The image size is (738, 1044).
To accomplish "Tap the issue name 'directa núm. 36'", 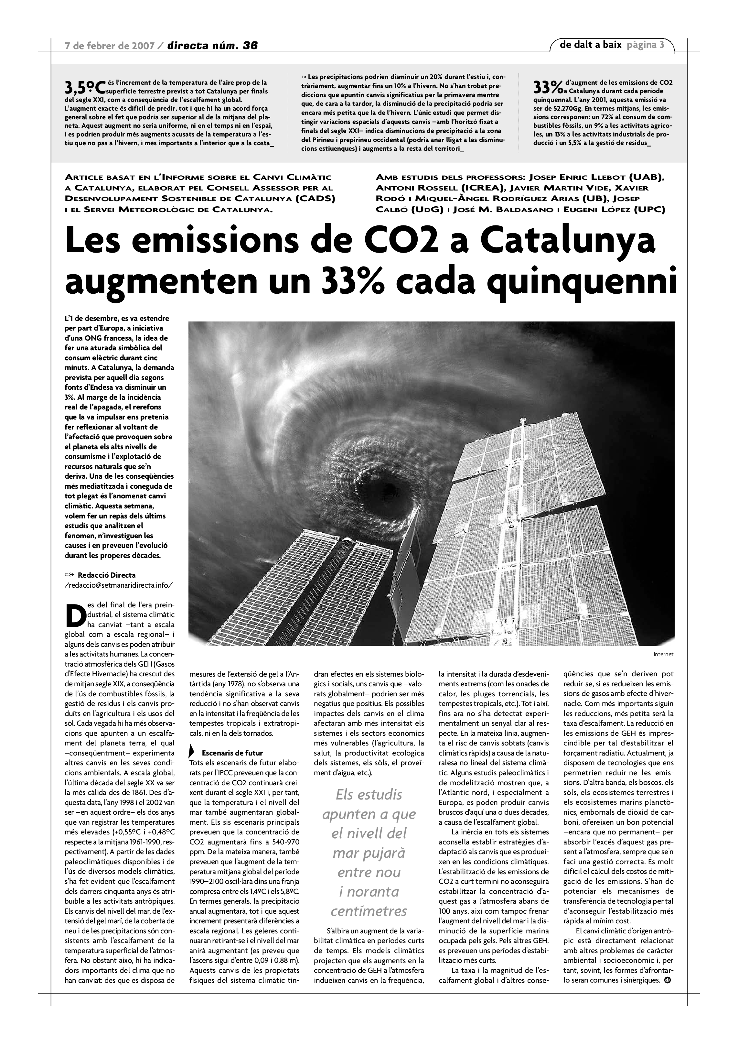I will [x=212, y=46].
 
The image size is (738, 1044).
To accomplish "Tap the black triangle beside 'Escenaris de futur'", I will [x=192, y=753].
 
